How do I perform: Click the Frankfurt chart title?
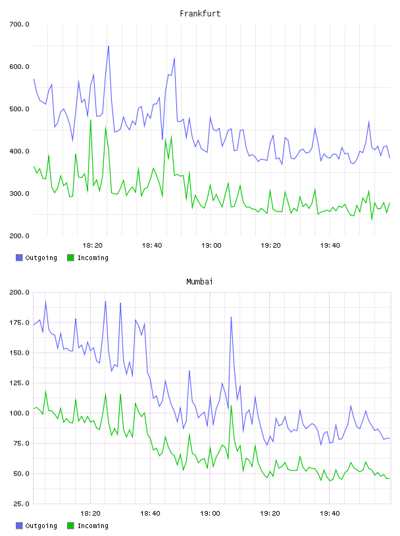(200, 14)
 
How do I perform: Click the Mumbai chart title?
(199, 282)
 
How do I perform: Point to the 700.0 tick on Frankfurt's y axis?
(19, 24)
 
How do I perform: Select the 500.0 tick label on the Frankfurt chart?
(19, 109)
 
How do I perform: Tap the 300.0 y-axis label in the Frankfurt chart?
(19, 194)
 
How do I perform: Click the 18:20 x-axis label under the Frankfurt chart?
(93, 246)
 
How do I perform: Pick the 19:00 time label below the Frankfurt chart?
(211, 246)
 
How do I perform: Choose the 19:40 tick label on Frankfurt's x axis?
(330, 246)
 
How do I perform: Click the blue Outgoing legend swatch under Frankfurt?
(19, 257)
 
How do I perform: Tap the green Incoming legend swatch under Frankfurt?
(70, 257)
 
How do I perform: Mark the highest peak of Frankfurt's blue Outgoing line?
(109, 46)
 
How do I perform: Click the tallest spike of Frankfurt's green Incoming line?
(91, 120)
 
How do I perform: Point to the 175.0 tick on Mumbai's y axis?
(19, 323)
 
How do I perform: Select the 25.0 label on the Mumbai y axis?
(21, 504)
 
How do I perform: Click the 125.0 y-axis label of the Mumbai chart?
(19, 383)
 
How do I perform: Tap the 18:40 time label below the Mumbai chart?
(151, 514)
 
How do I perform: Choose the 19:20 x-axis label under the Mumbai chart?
(270, 514)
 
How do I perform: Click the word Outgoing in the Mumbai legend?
(41, 525)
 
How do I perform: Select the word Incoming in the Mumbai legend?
(93, 525)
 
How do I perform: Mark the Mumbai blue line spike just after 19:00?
(231, 317)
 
